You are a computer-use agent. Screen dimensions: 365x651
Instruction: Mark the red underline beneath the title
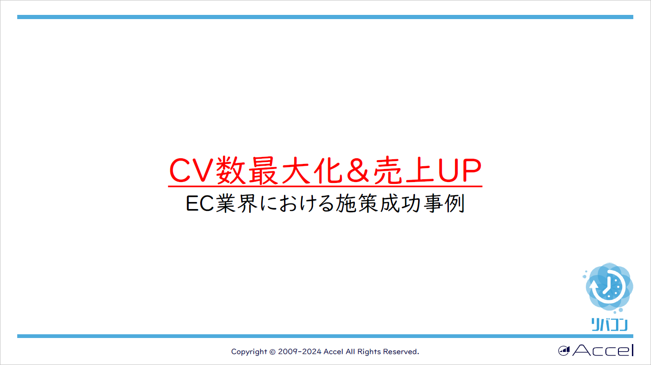[325, 187]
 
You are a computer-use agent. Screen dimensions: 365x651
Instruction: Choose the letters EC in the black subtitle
[200, 204]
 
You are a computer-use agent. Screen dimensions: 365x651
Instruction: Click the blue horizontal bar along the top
[325, 17]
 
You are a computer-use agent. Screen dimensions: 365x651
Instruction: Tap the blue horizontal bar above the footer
[325, 336]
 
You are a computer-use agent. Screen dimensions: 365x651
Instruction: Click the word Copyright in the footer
[249, 351]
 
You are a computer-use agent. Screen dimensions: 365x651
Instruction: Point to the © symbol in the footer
[273, 351]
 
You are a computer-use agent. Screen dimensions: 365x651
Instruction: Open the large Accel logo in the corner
[596, 350]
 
